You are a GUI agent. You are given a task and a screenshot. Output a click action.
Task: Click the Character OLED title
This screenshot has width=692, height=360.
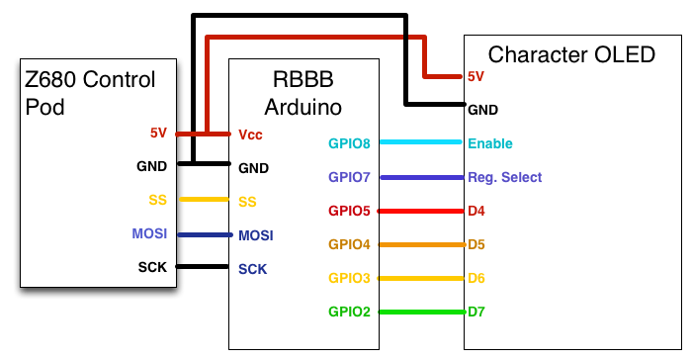click(x=571, y=54)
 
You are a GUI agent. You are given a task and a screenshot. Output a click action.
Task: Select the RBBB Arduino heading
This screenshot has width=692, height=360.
click(x=303, y=93)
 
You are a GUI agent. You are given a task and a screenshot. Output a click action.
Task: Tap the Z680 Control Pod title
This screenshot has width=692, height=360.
click(x=90, y=93)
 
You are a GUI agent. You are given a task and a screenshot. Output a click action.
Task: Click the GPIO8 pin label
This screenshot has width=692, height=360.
click(x=349, y=143)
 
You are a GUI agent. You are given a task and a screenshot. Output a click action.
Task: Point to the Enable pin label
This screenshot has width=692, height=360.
click(x=490, y=143)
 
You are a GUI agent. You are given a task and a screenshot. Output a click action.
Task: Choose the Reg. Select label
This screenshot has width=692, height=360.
click(x=504, y=178)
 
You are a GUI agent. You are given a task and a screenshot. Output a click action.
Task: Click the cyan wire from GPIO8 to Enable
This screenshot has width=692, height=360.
click(x=421, y=142)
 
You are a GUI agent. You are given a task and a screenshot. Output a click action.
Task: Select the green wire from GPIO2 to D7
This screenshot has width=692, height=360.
click(x=422, y=313)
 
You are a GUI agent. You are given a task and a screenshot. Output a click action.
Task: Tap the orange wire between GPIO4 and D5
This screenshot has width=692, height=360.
click(x=422, y=244)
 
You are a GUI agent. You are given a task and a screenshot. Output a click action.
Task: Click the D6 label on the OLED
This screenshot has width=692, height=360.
click(x=476, y=278)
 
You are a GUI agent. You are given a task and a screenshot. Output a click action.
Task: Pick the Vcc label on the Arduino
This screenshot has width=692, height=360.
click(x=250, y=135)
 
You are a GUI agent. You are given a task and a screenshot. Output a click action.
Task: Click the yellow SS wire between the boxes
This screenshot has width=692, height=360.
click(x=205, y=200)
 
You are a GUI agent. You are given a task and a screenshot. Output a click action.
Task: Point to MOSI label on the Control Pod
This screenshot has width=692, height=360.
click(x=149, y=233)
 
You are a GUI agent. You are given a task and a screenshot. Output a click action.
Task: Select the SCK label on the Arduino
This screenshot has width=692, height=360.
click(x=252, y=269)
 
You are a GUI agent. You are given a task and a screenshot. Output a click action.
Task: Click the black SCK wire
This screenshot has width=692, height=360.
click(x=202, y=266)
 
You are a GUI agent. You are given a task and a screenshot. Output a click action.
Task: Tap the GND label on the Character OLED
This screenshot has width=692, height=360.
click(x=482, y=110)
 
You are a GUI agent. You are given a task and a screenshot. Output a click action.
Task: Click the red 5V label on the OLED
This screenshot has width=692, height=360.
click(x=476, y=76)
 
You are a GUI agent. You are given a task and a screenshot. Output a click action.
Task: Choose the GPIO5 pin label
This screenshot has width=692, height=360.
click(x=349, y=211)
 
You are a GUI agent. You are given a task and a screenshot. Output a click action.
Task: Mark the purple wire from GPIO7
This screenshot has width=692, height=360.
click(x=422, y=178)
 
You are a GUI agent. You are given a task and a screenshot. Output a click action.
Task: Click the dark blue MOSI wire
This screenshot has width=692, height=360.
click(x=206, y=235)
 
